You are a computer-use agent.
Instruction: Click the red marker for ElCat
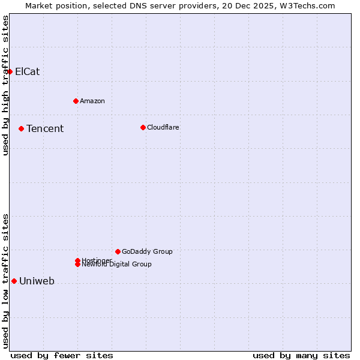[10, 71]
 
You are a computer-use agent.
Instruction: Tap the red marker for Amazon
[76, 101]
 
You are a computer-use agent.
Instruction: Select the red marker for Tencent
[21, 128]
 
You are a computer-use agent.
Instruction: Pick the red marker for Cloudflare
[143, 127]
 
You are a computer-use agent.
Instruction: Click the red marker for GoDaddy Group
[118, 251]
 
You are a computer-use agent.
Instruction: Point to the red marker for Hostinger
[77, 260]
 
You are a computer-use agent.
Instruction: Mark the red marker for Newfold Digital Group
[77, 265]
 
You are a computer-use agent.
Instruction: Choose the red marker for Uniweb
[14, 281]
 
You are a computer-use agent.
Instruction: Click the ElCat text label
[28, 71]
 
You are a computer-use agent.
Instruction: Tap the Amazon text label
[92, 101]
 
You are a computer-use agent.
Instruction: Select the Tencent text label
[45, 128]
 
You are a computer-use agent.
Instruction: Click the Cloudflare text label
[163, 127]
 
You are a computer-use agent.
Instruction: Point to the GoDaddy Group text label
[147, 251]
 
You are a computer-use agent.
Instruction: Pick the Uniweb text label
[37, 281]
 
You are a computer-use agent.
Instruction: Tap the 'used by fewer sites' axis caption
[62, 355]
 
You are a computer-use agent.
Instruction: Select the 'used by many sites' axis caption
[301, 355]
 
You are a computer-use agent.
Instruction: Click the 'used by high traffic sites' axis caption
[5, 85]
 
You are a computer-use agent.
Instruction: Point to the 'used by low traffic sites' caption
[5, 281]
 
